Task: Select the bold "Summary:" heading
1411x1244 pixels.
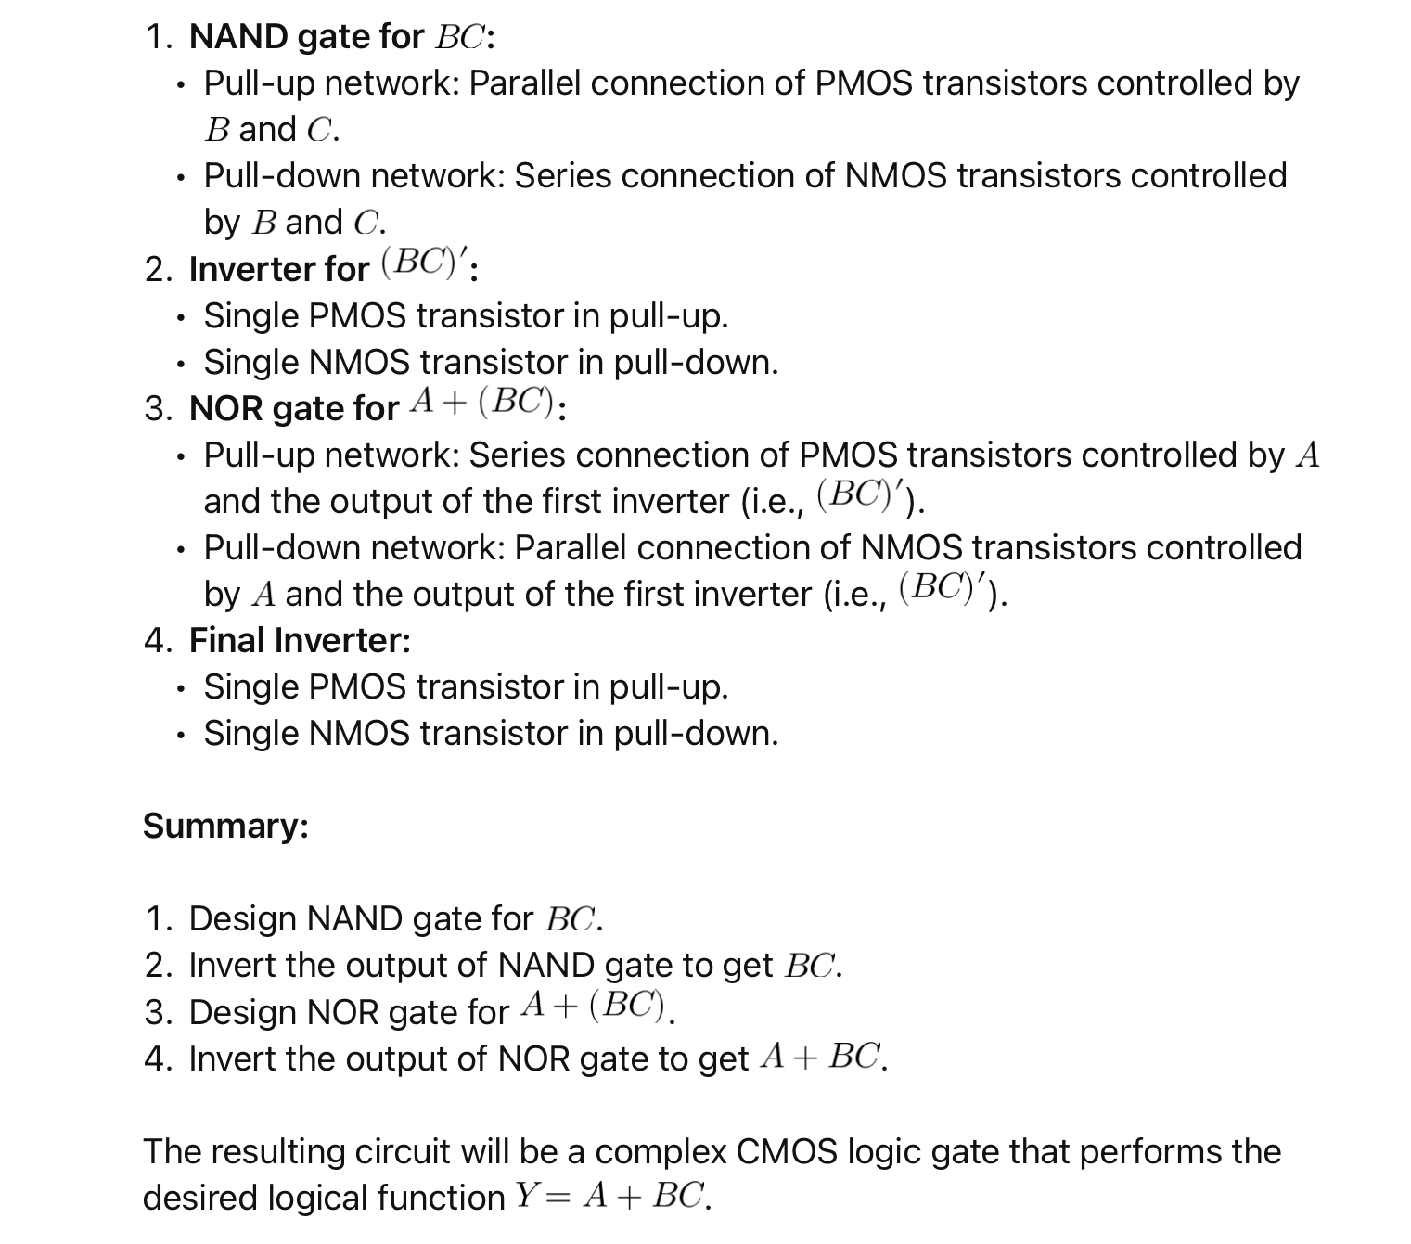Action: click(225, 826)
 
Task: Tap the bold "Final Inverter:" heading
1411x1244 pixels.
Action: click(300, 640)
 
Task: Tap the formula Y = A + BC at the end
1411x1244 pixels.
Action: click(611, 1197)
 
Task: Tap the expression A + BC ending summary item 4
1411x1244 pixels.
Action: click(820, 1058)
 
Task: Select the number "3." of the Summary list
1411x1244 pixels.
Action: click(158, 1012)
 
